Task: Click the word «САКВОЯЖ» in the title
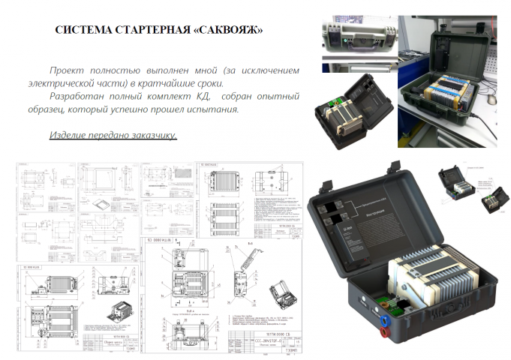click(x=226, y=31)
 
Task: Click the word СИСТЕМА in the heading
click(x=82, y=31)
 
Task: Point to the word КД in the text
click(x=202, y=97)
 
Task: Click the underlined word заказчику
click(x=153, y=136)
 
